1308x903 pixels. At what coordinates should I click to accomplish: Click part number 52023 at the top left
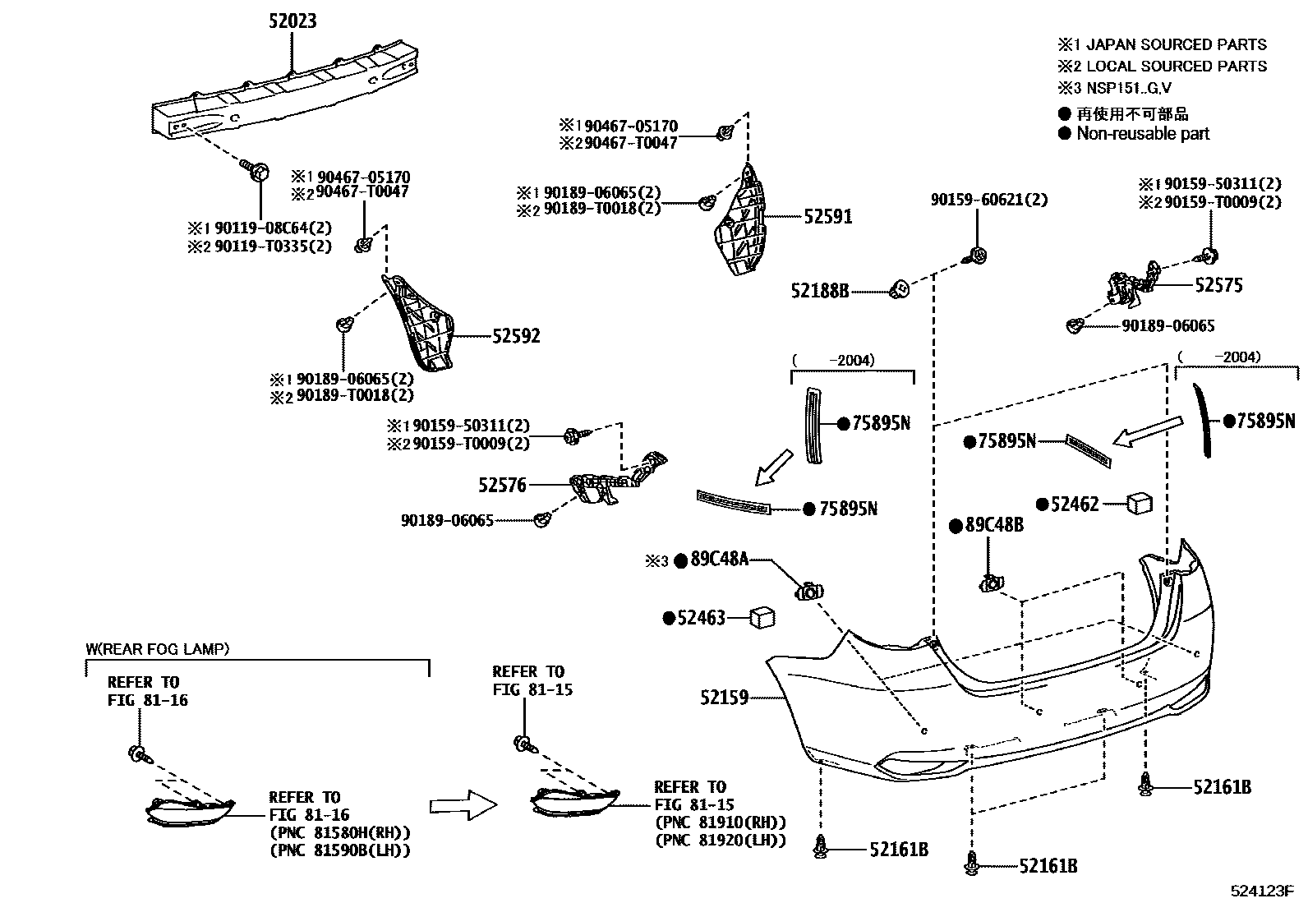click(292, 21)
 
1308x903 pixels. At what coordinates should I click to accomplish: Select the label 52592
click(516, 336)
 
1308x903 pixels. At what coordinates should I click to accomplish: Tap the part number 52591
click(827, 217)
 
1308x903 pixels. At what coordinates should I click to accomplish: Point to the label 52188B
click(819, 290)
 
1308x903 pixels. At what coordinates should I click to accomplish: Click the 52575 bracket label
click(1218, 285)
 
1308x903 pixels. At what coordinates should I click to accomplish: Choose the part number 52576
click(502, 486)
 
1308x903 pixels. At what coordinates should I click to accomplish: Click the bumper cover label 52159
click(724, 698)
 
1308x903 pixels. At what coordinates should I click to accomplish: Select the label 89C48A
click(719, 560)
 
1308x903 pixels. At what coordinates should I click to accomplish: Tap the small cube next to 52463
click(762, 617)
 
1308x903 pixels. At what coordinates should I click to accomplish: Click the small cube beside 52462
click(1140, 503)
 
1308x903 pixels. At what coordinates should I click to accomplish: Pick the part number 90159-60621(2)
click(988, 200)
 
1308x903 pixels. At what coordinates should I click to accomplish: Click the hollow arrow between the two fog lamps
click(463, 805)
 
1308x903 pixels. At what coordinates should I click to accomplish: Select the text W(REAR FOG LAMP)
click(158, 649)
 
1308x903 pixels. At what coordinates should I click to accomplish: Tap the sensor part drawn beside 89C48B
click(990, 584)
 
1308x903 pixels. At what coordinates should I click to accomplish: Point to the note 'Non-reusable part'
click(1143, 133)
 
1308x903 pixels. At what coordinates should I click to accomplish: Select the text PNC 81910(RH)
click(720, 822)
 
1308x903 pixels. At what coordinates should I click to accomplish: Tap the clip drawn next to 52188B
click(900, 289)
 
